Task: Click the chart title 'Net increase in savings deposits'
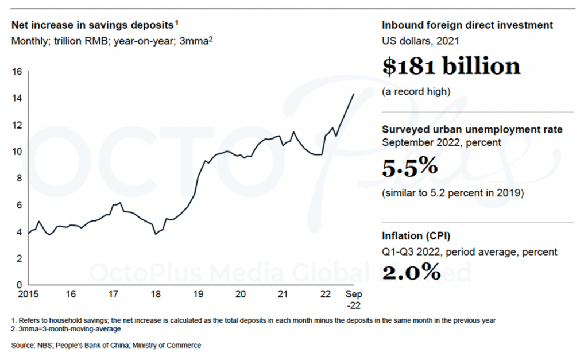pyautogui.click(x=92, y=26)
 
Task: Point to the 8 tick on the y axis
pyautogui.click(x=18, y=179)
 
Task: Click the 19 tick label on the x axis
pyautogui.click(x=198, y=294)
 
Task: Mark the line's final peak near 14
pyautogui.click(x=353, y=94)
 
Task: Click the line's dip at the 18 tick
pyautogui.click(x=155, y=234)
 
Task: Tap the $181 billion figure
pyautogui.click(x=451, y=67)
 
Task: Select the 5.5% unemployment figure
pyautogui.click(x=410, y=167)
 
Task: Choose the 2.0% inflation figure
pyautogui.click(x=411, y=271)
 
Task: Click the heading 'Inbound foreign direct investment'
pyautogui.click(x=467, y=25)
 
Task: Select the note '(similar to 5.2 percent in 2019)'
pyautogui.click(x=452, y=193)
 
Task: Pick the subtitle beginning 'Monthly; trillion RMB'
pyautogui.click(x=112, y=41)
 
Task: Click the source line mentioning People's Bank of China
pyautogui.click(x=106, y=345)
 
